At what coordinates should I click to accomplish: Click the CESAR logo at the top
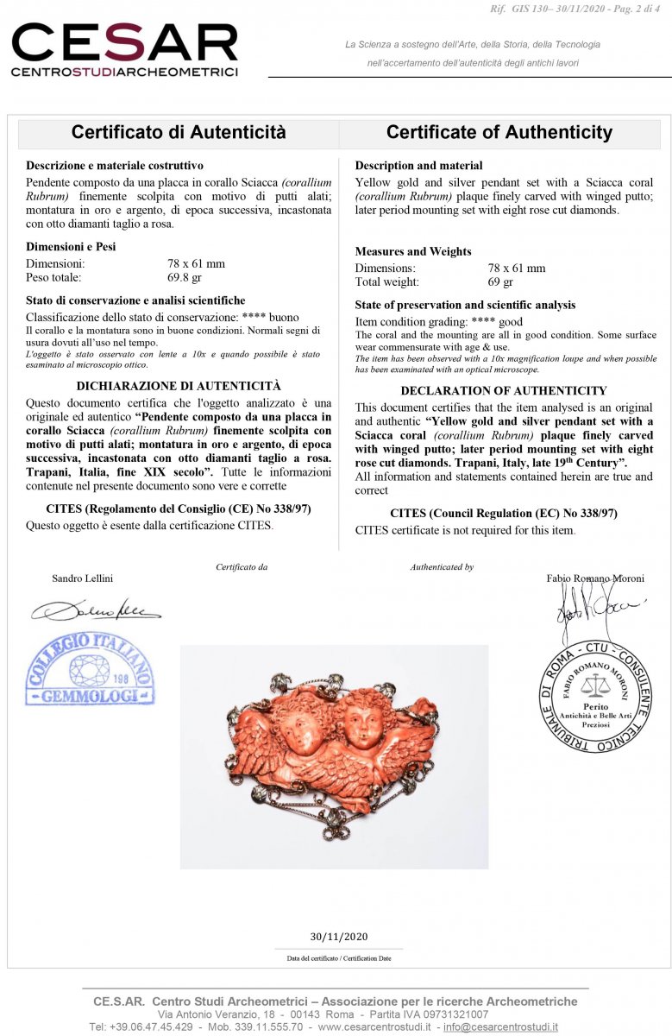tap(124, 49)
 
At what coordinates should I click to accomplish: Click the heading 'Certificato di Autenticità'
tap(179, 132)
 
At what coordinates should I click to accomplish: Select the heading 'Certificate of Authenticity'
tap(499, 132)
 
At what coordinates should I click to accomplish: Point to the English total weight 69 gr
tap(500, 282)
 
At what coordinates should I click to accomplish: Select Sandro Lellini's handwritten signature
tap(96, 611)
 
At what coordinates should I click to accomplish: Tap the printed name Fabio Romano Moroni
tap(595, 578)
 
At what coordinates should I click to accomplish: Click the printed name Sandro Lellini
tap(82, 578)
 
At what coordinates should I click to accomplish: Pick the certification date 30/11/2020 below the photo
tap(338, 937)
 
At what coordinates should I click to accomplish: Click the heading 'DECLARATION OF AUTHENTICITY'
tap(504, 390)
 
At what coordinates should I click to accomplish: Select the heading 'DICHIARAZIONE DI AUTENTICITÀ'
tap(179, 386)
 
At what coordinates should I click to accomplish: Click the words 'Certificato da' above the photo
tap(242, 567)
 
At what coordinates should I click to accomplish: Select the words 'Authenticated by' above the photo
tap(442, 567)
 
